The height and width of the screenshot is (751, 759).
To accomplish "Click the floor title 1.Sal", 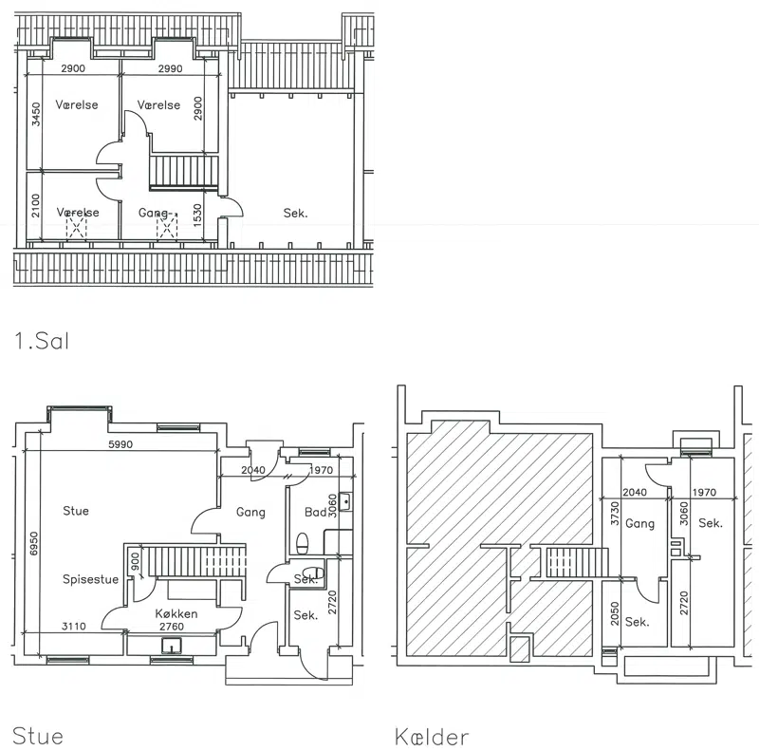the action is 42,341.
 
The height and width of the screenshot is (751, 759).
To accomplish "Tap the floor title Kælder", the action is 432,737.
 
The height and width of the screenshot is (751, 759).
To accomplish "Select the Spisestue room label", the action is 90,579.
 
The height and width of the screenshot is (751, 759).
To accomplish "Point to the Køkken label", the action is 176,614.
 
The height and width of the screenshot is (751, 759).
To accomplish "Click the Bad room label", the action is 316,512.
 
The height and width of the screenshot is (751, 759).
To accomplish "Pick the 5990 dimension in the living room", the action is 120,444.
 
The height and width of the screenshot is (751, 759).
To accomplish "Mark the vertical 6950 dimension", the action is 33,544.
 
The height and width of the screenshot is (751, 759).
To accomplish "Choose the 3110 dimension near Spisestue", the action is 74,627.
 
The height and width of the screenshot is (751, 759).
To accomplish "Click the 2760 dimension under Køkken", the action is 172,627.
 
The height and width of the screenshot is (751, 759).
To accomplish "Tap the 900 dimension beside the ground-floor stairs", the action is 135,562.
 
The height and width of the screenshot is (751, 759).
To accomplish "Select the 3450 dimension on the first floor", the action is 36,114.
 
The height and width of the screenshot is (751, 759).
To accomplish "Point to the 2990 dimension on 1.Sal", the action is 171,68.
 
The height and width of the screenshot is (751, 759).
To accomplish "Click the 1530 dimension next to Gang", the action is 197,216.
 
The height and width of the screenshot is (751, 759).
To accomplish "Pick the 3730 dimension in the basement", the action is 615,513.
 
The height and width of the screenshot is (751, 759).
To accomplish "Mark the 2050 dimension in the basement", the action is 615,613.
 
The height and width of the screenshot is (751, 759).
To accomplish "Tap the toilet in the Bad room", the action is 302,543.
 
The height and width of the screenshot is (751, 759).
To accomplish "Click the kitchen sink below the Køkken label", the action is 172,646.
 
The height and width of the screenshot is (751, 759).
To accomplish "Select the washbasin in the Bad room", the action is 345,501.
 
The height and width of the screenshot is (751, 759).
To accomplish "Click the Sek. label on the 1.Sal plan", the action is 295,214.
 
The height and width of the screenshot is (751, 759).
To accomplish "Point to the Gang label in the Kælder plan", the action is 639,524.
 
